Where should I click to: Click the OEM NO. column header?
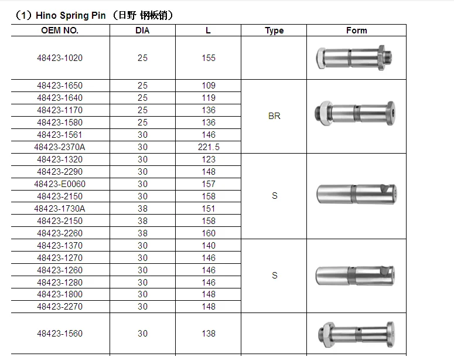60,30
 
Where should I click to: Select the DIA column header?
142,30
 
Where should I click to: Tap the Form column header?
356,30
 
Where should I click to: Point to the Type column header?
274,30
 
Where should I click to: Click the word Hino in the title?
46,15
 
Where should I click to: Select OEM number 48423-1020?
60,58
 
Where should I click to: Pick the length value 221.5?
209,147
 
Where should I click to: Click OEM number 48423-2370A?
60,147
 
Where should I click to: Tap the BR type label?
274,116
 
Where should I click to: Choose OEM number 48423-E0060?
60,184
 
